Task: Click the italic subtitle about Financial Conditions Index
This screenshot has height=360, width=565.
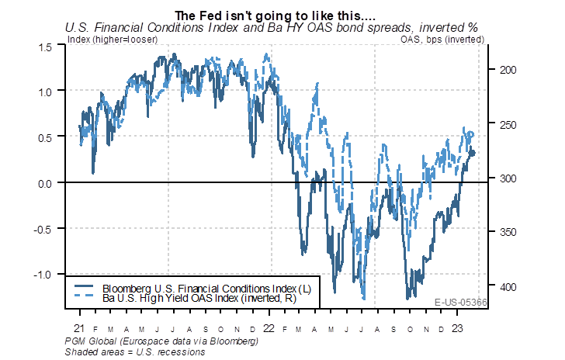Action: tap(271, 28)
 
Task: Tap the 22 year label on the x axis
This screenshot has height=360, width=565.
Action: tap(269, 328)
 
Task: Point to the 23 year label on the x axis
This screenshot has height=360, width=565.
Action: tap(459, 328)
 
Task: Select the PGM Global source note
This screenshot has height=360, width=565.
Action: tap(162, 341)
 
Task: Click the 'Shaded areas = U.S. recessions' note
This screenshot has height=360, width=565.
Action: tap(137, 351)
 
